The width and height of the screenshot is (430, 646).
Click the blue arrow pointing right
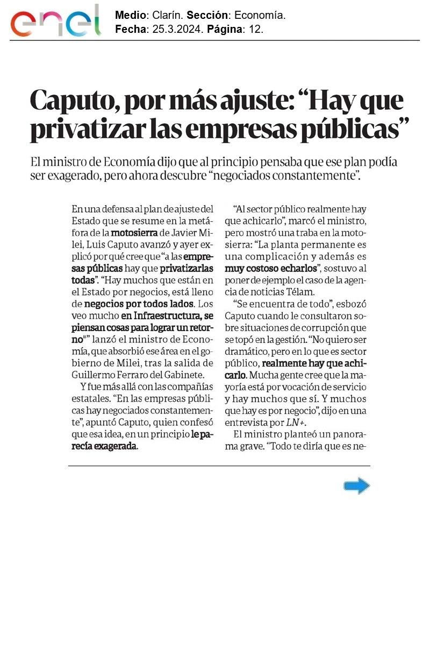coord(357,486)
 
